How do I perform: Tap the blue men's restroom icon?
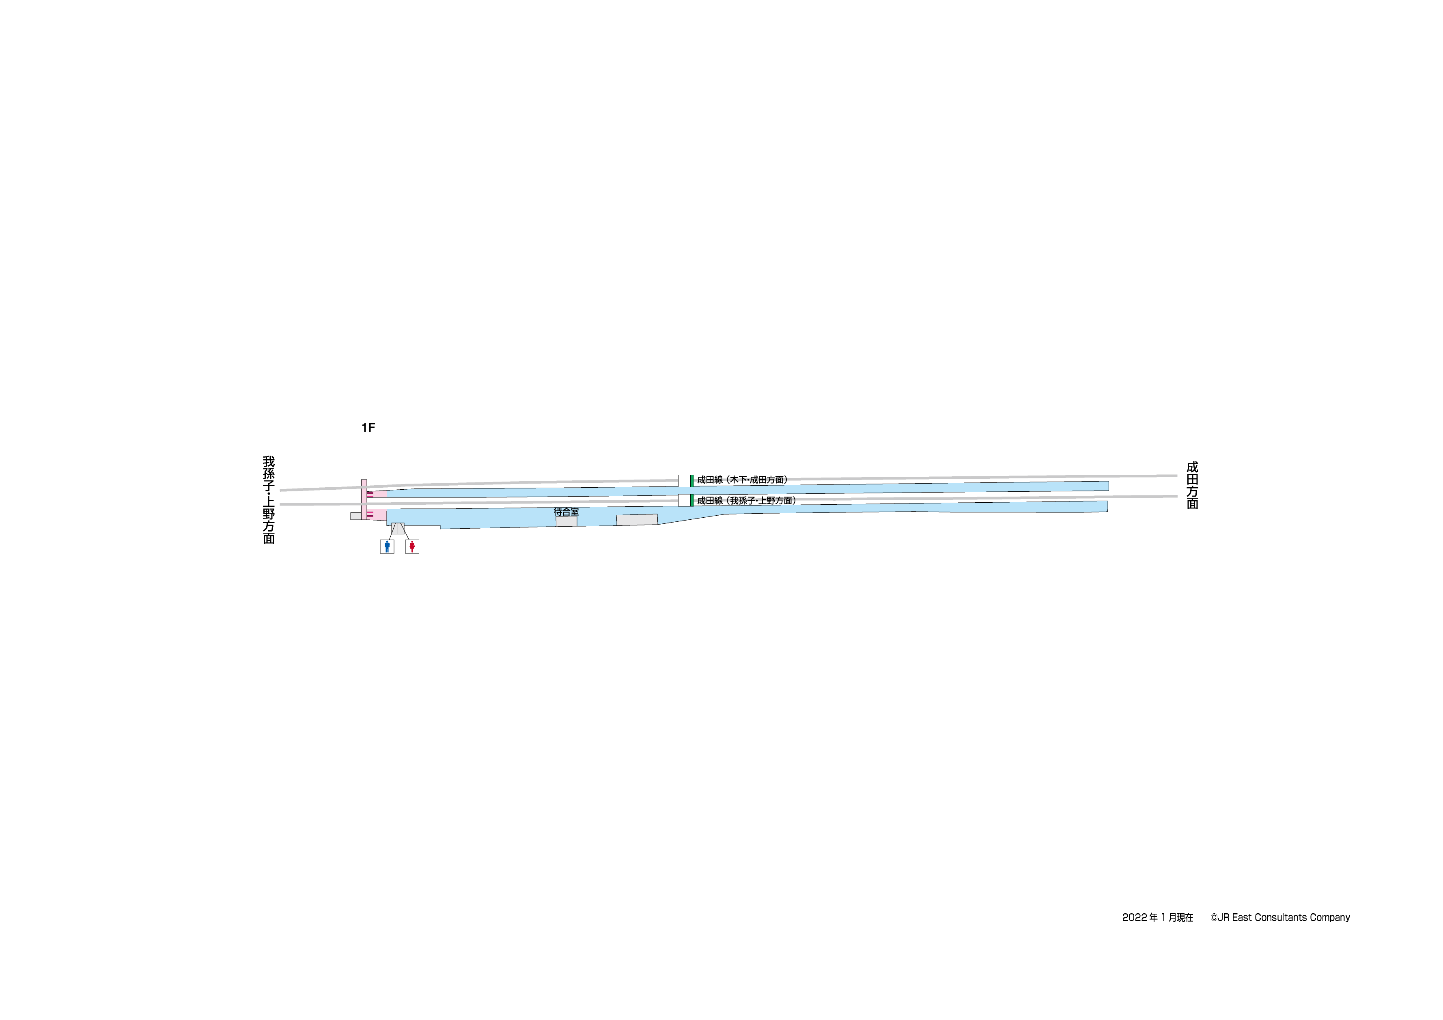tap(387, 546)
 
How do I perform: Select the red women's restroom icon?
tap(411, 546)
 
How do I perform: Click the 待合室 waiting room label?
tap(566, 512)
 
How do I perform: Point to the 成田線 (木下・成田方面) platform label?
tap(742, 480)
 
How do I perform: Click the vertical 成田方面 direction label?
tap(1192, 485)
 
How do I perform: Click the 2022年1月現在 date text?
tap(1158, 918)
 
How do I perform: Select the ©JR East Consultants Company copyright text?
tap(1280, 918)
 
